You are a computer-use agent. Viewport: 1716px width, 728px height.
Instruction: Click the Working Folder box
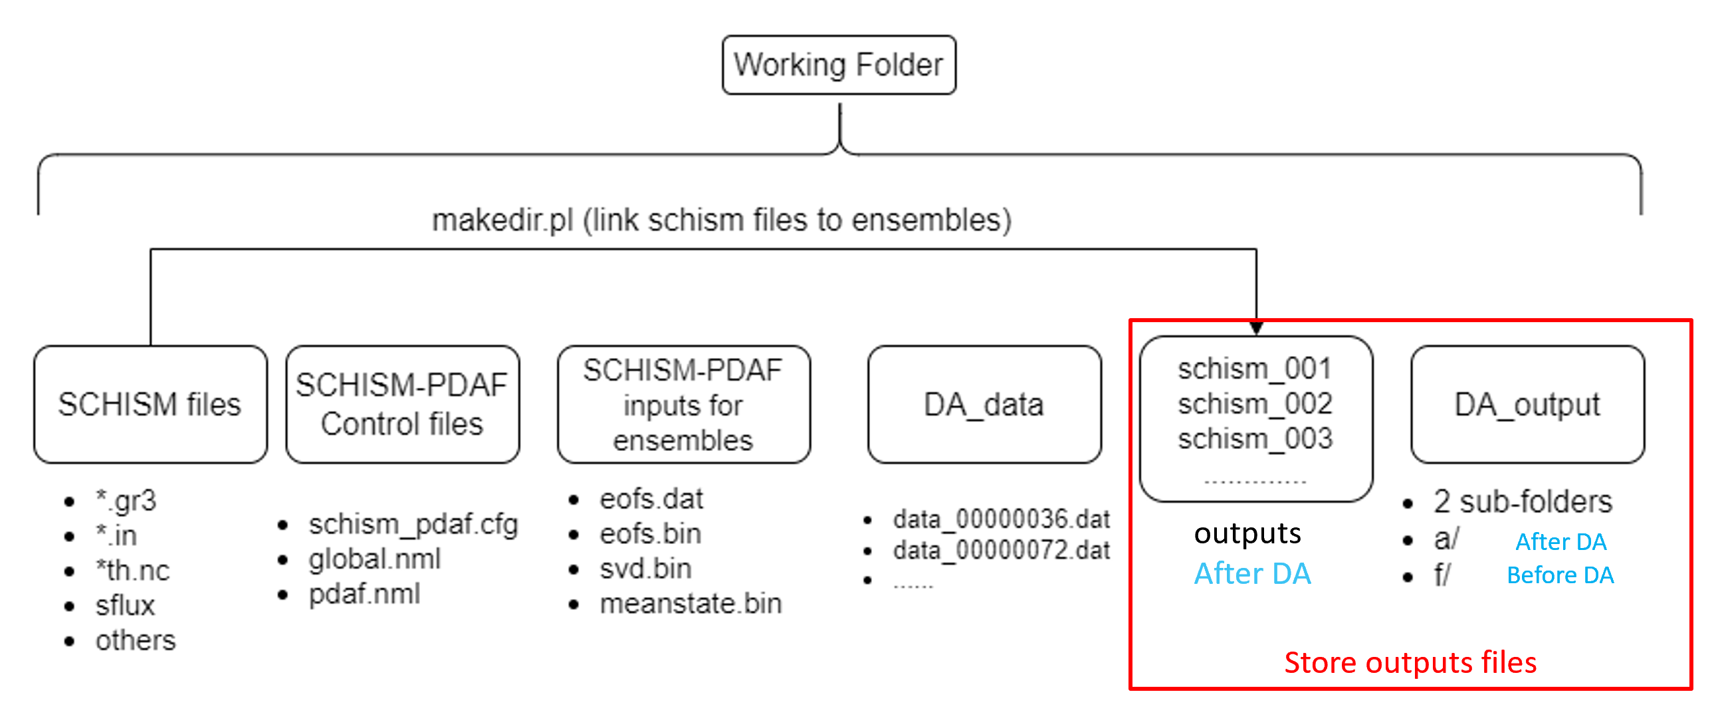click(839, 65)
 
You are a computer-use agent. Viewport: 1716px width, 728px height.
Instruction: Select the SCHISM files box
click(150, 405)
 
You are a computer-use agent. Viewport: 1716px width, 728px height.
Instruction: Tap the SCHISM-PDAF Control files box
click(402, 405)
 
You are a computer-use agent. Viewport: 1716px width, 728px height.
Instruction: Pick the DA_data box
click(984, 405)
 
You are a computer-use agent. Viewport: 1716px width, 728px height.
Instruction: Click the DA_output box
click(1527, 405)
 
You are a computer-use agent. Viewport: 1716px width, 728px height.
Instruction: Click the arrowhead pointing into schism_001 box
click(1255, 327)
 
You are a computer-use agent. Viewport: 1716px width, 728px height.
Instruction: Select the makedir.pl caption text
click(722, 220)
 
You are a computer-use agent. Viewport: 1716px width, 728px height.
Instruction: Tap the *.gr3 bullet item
click(126, 501)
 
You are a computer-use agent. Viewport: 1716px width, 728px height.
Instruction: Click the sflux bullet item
click(125, 605)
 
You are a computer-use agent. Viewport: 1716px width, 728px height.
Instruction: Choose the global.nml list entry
click(375, 559)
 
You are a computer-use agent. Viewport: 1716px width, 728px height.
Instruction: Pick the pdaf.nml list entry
click(364, 593)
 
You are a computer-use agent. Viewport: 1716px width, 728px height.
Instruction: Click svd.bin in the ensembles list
click(645, 569)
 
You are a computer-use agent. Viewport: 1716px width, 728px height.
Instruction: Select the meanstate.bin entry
click(691, 603)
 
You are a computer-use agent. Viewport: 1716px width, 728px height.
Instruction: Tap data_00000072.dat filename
click(1002, 551)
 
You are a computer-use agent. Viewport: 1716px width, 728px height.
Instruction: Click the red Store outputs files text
click(1410, 662)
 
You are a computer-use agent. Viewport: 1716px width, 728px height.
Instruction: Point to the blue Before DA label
click(1560, 575)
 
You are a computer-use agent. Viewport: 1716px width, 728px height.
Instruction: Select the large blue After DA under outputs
click(1252, 573)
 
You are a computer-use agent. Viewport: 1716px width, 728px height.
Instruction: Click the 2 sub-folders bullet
click(1523, 501)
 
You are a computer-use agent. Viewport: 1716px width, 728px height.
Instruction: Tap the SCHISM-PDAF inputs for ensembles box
click(683, 405)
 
